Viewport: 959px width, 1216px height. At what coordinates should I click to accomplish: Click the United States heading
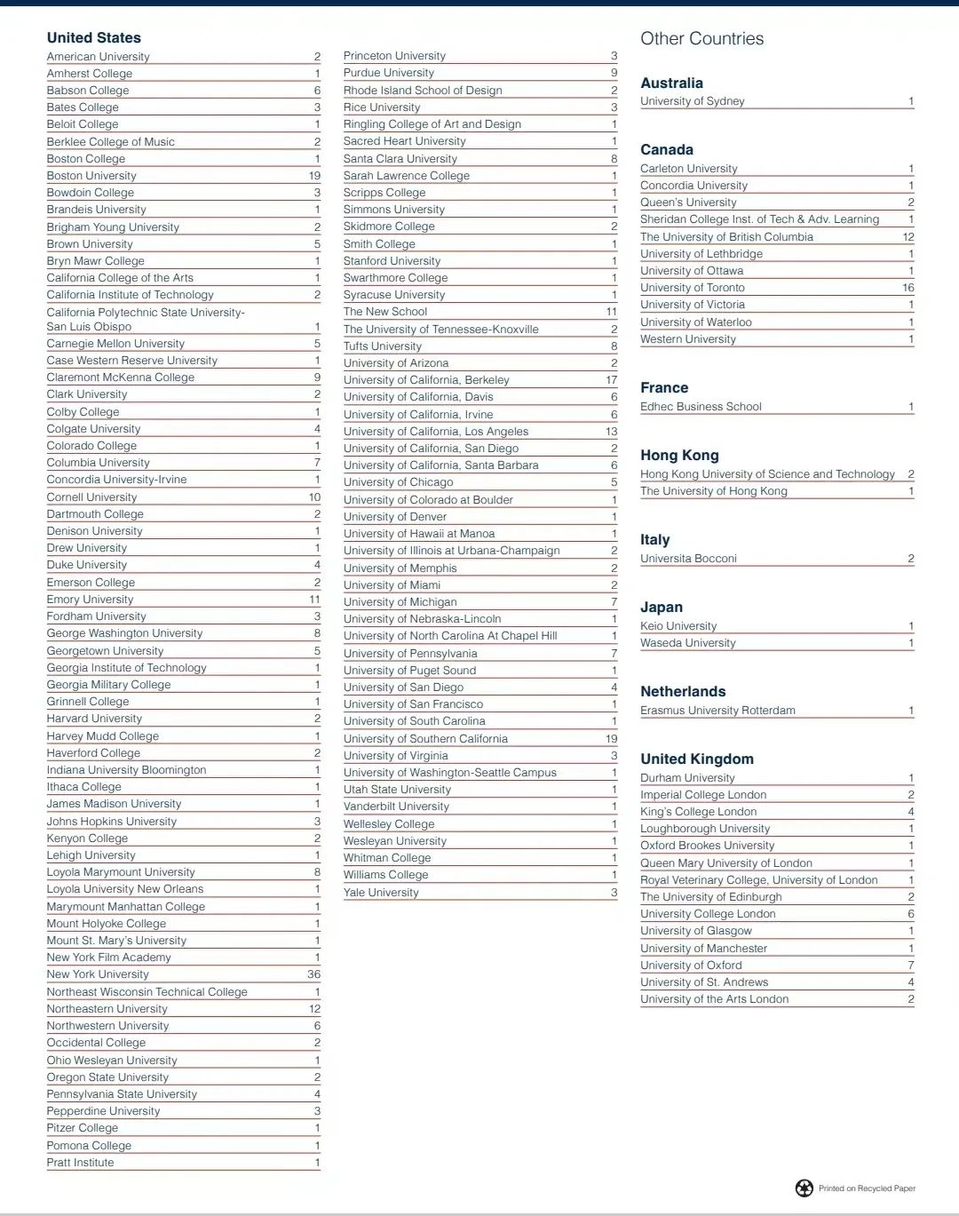93,37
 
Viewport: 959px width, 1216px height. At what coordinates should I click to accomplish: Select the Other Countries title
701,38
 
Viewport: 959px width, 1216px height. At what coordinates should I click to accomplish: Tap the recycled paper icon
804,1188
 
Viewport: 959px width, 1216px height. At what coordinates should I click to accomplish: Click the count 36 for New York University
313,974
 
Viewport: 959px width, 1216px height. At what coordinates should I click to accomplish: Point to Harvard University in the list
94,719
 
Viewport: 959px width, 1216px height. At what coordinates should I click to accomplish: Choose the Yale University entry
381,892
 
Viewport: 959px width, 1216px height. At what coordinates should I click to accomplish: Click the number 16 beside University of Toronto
907,288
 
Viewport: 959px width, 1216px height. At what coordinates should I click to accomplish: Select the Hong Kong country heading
679,455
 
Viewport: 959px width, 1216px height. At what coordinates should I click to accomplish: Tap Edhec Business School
701,407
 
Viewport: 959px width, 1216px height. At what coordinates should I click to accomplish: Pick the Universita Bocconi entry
688,559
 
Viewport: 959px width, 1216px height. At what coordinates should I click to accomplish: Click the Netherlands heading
683,691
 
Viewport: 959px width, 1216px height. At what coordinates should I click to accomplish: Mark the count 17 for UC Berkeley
611,380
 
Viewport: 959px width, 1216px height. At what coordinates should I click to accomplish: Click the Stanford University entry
392,261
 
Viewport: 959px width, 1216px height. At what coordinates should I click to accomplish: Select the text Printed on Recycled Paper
867,1188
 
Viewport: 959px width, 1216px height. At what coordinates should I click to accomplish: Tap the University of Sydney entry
693,101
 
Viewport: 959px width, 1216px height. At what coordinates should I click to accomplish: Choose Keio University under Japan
678,626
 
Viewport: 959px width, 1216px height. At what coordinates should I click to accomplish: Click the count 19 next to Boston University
314,176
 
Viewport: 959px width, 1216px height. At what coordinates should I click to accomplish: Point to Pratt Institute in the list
80,1163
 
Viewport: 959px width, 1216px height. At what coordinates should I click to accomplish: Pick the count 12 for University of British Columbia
907,237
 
